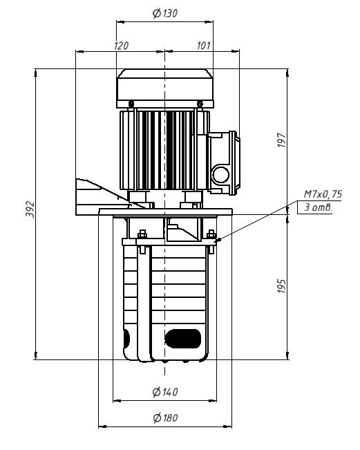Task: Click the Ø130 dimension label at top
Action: (165, 13)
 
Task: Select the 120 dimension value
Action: (122, 46)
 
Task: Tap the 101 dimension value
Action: (204, 46)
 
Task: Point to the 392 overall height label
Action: (30, 209)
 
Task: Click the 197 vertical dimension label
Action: (282, 140)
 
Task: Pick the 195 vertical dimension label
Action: (282, 286)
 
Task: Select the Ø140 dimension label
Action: (165, 392)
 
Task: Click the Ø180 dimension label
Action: (165, 418)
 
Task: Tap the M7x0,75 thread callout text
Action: (323, 194)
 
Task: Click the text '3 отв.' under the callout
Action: (318, 207)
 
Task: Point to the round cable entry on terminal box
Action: (220, 175)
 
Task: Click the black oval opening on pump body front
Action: (182, 339)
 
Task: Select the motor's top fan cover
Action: (165, 88)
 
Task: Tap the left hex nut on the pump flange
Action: (142, 234)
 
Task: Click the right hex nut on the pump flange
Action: (211, 234)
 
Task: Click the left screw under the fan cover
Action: (131, 103)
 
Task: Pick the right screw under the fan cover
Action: (200, 103)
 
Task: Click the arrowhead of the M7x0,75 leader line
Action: (217, 241)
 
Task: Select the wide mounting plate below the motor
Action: (165, 212)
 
